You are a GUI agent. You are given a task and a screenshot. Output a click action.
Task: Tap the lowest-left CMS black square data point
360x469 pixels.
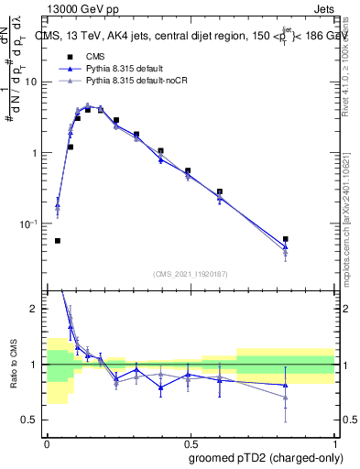point(58,241)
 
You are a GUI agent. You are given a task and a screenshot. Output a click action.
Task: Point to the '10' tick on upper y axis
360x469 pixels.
point(34,82)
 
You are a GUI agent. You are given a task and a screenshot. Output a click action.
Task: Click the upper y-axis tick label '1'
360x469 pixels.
point(38,153)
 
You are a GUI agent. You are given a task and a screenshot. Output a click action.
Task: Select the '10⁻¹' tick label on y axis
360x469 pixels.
point(33,224)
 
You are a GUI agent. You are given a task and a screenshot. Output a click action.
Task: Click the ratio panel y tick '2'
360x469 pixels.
point(37,309)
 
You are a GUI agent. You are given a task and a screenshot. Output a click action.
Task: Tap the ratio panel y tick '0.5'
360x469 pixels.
point(33,420)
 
